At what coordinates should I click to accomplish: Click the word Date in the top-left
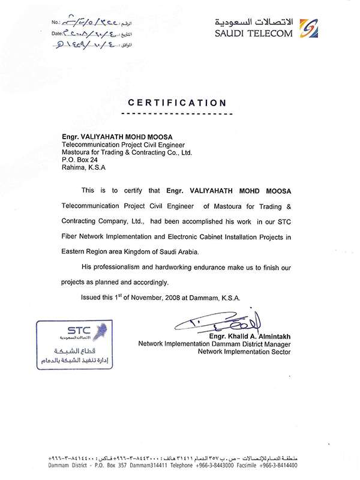pos(57,35)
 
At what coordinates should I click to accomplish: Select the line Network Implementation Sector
pos(244,352)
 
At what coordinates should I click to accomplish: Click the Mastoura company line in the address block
pos(127,152)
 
